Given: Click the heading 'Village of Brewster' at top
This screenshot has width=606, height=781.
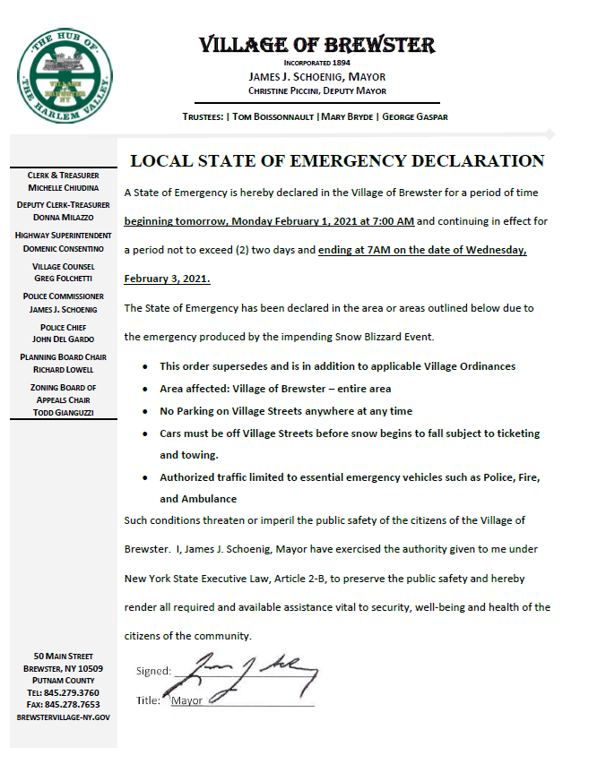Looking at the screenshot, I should pos(316,45).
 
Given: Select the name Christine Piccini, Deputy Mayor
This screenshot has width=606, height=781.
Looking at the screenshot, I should pos(316,90).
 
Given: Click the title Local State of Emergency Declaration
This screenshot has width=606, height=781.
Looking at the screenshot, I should pos(337,161).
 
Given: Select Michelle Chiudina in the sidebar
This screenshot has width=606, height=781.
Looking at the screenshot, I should pos(63,187).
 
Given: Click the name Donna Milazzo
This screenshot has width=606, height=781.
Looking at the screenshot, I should pos(63,218).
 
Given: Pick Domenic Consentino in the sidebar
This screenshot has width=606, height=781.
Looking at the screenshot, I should pos(63,248).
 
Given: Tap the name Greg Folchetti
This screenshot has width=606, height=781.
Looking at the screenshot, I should pos(63,279).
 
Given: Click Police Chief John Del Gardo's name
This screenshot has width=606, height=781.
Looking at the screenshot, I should pos(63,339).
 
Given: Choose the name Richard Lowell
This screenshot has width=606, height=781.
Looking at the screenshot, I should pos(63,369).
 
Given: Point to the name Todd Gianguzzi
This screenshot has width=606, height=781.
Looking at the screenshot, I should pos(63,412).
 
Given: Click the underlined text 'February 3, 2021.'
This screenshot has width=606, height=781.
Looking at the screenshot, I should pos(168,279).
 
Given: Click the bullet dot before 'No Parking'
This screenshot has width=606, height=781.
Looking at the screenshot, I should pos(146,412).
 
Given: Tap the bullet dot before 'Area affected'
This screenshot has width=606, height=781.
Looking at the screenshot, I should pos(146,390).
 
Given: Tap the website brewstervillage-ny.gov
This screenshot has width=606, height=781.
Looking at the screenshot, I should pos(63,717).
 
